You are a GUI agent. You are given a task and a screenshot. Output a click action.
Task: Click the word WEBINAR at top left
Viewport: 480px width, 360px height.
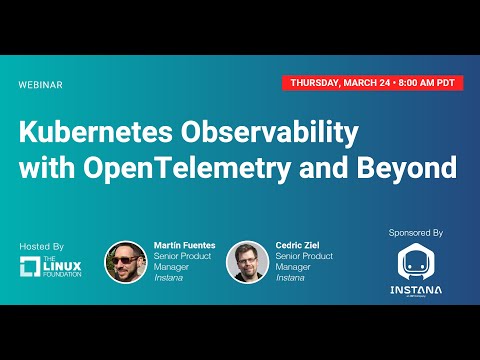tap(40, 85)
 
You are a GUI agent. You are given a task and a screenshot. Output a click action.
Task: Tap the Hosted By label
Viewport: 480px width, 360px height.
tap(41, 246)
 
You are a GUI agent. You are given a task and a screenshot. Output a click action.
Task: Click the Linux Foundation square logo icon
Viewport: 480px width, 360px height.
tap(31, 266)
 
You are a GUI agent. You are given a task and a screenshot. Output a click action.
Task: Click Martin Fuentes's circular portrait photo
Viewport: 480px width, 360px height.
tap(126, 262)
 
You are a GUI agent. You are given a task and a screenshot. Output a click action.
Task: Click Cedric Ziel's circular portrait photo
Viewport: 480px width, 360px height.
tap(247, 262)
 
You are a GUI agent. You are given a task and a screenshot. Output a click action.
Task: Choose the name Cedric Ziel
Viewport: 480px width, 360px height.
tap(299, 245)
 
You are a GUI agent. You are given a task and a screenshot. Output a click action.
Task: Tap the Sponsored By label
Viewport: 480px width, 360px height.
tap(415, 232)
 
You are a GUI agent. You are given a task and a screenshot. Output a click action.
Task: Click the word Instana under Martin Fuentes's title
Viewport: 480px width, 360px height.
tap(169, 279)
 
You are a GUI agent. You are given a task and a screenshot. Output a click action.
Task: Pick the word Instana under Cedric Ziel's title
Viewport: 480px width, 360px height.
tap(290, 279)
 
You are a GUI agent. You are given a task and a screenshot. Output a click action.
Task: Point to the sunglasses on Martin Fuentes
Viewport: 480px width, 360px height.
tap(126, 257)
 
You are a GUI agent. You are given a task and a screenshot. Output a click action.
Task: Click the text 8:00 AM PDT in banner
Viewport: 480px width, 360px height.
tap(432, 83)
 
